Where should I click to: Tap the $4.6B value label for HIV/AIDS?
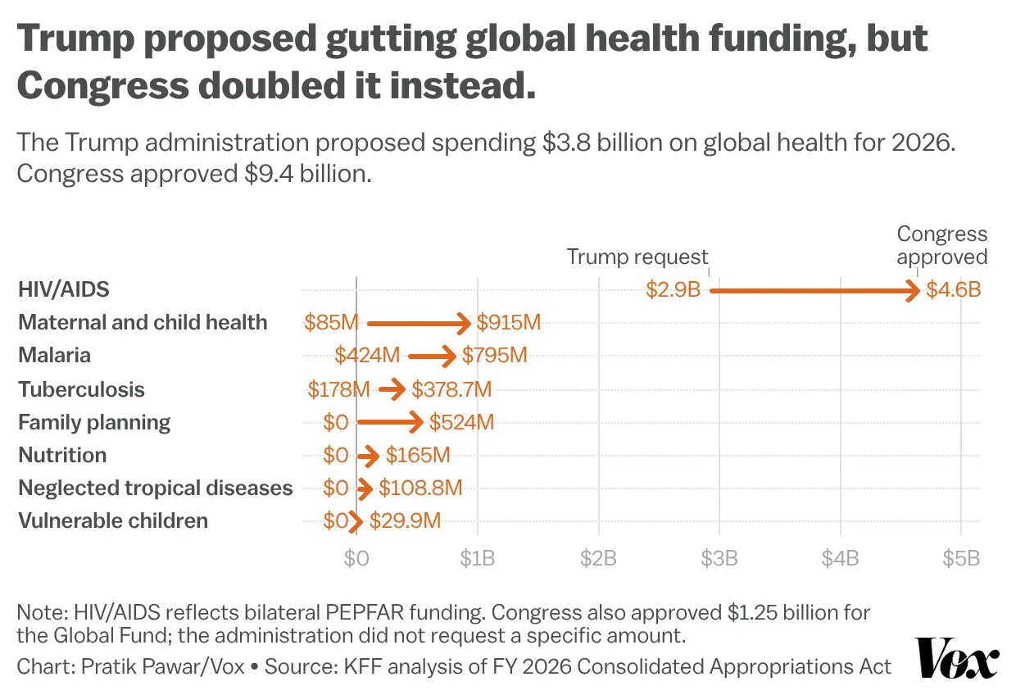point(953,290)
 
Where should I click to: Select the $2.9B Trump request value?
point(673,290)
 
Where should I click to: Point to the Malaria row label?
point(54,356)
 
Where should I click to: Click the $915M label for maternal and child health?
point(509,323)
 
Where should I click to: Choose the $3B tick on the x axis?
point(719,559)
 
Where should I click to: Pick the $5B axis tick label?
point(960,559)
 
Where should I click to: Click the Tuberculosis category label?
point(81,389)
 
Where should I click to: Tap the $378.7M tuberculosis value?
point(451,389)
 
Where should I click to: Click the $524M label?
point(462,423)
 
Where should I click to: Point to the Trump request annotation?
point(637,257)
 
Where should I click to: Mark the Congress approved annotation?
point(941,245)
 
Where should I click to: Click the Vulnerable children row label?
point(113,521)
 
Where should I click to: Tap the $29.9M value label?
point(406,521)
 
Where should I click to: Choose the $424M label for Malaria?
point(367,356)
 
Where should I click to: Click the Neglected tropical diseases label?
point(155,488)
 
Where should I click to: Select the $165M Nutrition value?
point(418,456)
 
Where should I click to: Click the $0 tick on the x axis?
point(356,559)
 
